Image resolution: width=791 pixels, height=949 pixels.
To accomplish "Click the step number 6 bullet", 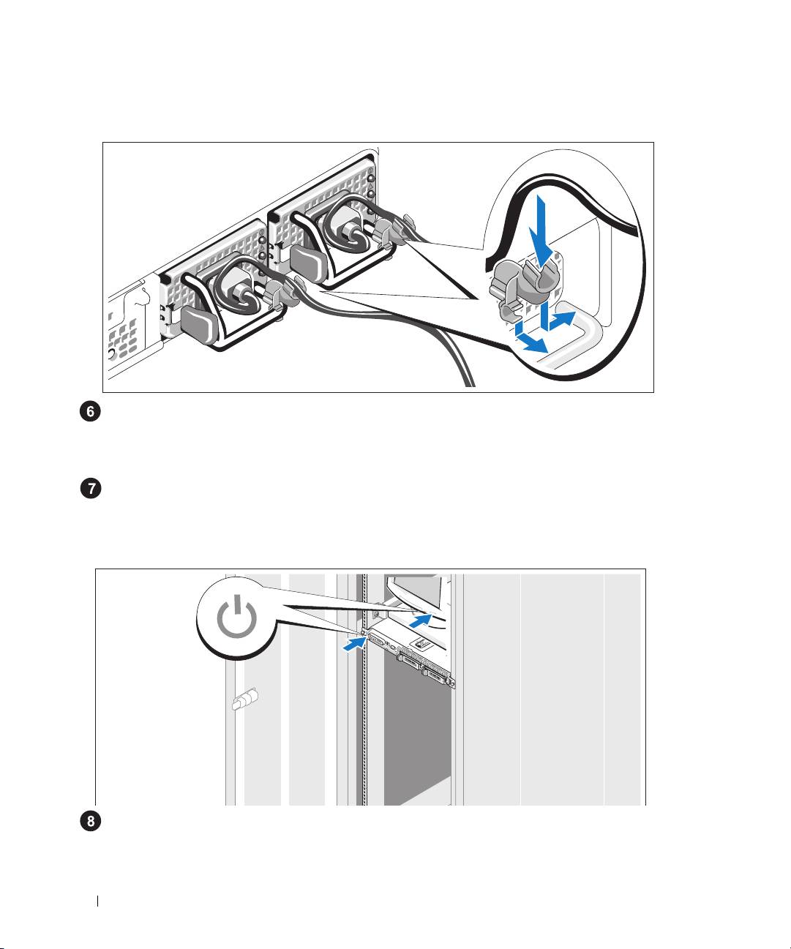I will pyautogui.click(x=90, y=413).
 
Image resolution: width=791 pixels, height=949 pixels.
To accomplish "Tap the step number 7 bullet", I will pyautogui.click(x=90, y=489).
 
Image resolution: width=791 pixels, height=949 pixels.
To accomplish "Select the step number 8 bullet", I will pyautogui.click(x=90, y=822).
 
